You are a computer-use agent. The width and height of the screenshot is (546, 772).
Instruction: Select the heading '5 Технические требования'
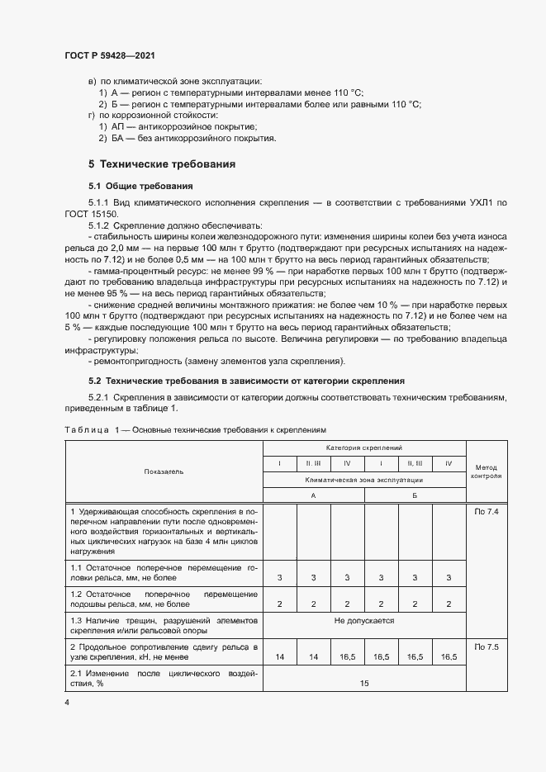pos(162,164)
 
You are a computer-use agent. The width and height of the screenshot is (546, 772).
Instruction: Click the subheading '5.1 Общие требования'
pos(140,186)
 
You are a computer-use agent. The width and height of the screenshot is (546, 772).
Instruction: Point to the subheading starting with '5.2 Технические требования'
pos(246,381)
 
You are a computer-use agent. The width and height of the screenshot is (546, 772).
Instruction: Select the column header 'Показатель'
pos(164,471)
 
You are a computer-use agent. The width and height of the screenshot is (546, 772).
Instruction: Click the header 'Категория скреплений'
pos(364,447)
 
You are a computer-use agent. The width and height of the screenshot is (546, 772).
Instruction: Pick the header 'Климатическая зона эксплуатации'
pos(364,479)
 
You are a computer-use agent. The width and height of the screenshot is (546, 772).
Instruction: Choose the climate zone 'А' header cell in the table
pos(313,495)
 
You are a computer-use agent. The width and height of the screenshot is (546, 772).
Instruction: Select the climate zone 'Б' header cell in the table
pos(415,495)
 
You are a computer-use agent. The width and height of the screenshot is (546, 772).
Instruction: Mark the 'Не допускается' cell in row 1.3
pos(364,620)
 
